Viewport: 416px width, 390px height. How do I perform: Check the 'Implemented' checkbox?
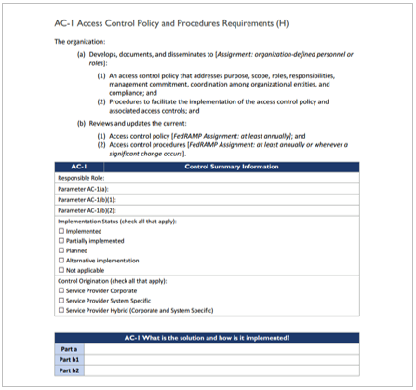pos(61,231)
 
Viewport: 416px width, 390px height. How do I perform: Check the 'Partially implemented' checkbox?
pos(61,241)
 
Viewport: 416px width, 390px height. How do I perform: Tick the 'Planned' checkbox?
pos(61,250)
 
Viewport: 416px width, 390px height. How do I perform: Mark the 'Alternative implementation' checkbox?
pos(61,261)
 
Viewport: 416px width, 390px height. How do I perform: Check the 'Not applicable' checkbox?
pos(61,271)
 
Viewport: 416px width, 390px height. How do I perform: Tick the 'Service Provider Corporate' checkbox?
pos(61,290)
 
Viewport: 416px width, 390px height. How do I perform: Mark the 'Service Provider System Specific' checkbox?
pos(61,301)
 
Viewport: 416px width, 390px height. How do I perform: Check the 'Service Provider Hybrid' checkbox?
pos(61,311)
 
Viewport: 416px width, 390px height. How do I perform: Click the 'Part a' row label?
pos(69,348)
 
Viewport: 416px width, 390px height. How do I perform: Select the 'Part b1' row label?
pos(69,359)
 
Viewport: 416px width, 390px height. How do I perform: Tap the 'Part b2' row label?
pos(69,370)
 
